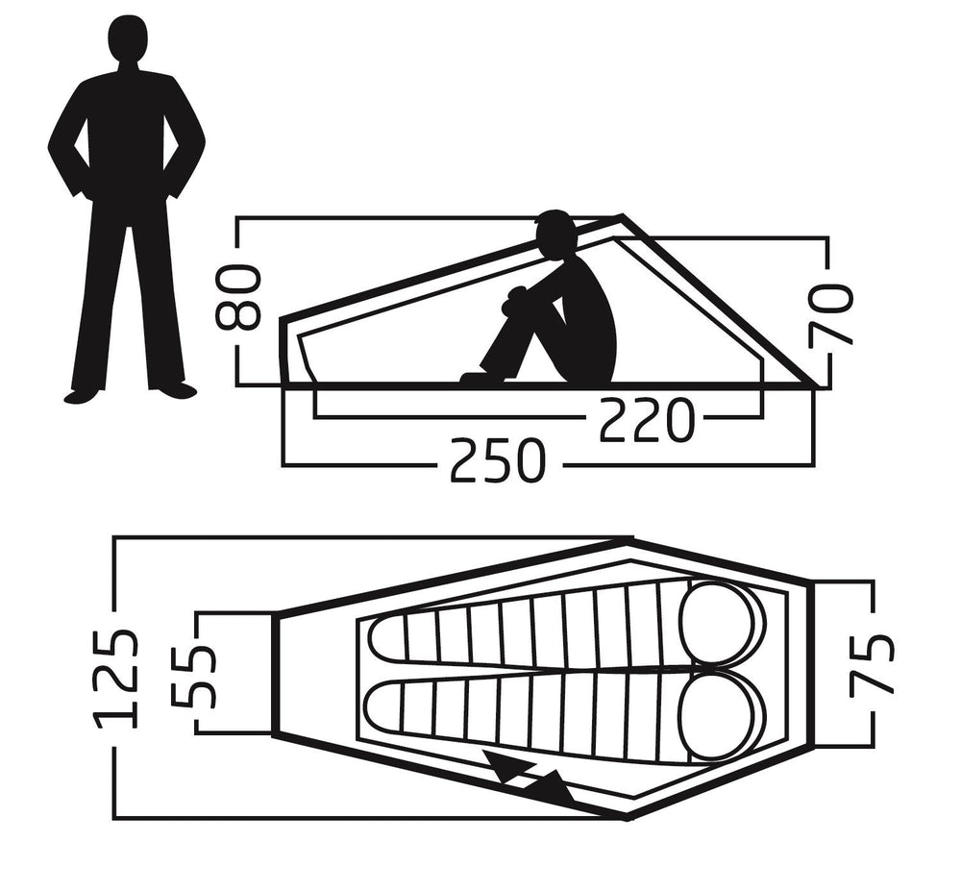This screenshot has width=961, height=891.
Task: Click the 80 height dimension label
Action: pyautogui.click(x=238, y=297)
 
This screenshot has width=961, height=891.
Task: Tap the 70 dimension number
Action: pyautogui.click(x=830, y=313)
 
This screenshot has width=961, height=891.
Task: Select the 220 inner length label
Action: pyautogui.click(x=647, y=420)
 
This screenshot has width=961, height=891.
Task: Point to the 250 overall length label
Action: pyautogui.click(x=498, y=459)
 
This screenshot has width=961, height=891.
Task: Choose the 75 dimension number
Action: pyautogui.click(x=871, y=665)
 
